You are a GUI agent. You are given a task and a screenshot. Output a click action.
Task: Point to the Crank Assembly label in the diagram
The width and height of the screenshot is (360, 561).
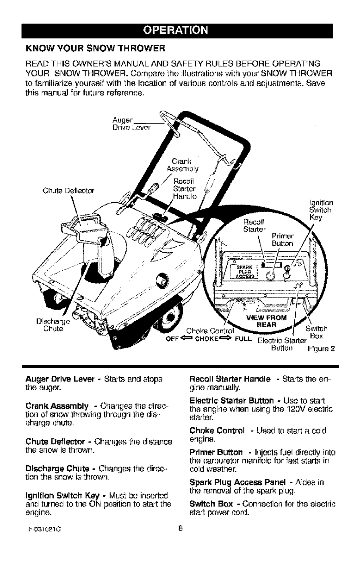click(x=180, y=165)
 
